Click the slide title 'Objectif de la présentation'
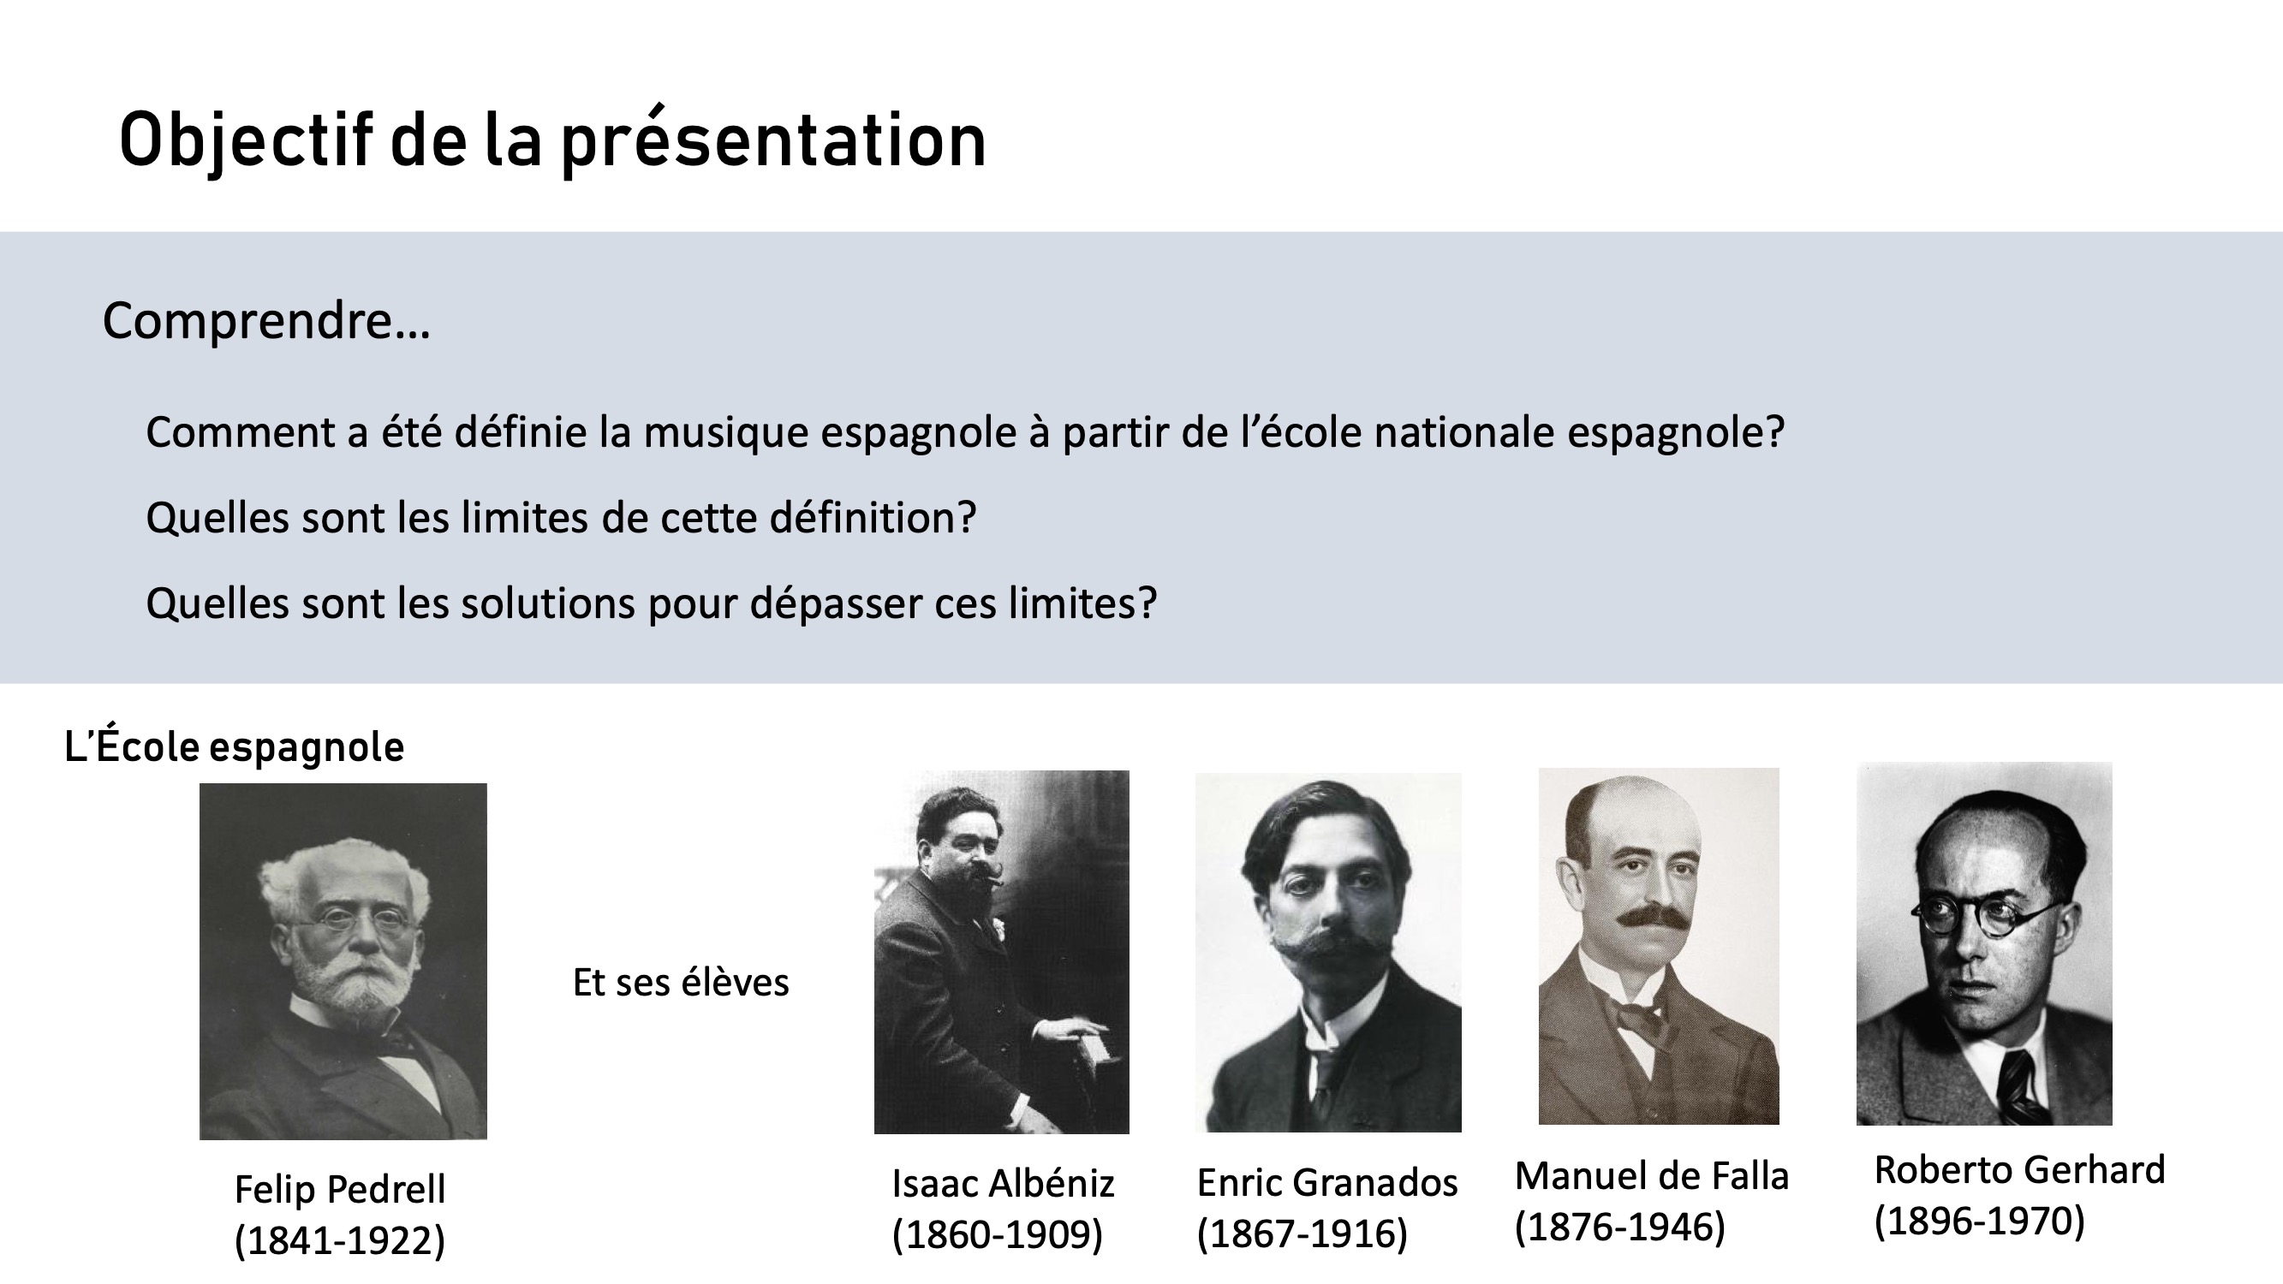click(x=552, y=141)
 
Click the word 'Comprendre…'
click(x=265, y=321)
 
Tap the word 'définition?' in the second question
click(x=872, y=518)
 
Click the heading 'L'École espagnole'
click(x=234, y=746)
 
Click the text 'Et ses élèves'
click(x=681, y=983)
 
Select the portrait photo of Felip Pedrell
click(x=343, y=961)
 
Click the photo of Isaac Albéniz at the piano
click(x=1001, y=952)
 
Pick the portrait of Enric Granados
click(x=1328, y=953)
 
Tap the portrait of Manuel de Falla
click(x=1659, y=947)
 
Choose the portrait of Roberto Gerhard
click(x=1984, y=943)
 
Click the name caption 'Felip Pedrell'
click(x=340, y=1190)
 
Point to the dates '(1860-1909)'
click(x=997, y=1234)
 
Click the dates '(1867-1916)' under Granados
click(x=1302, y=1233)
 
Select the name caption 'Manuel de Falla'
click(x=1652, y=1176)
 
